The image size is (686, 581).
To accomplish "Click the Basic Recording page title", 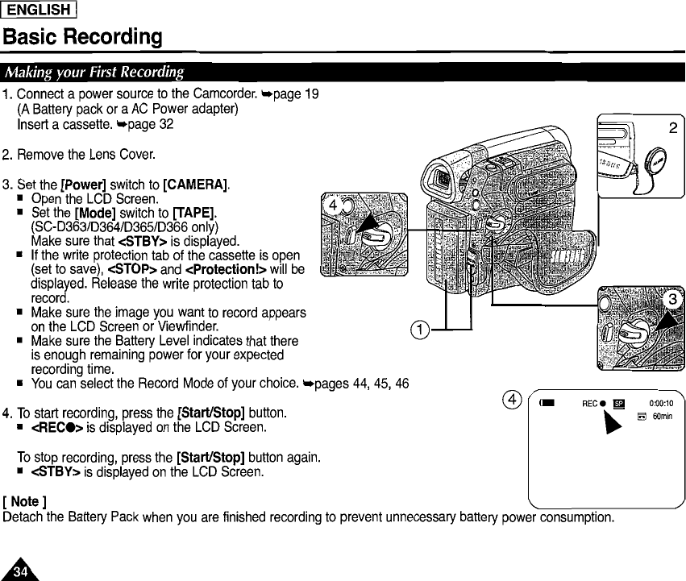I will click(x=83, y=37).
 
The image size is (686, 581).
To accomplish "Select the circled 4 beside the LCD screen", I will click(x=509, y=399).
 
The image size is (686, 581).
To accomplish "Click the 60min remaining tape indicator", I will click(x=656, y=417).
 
